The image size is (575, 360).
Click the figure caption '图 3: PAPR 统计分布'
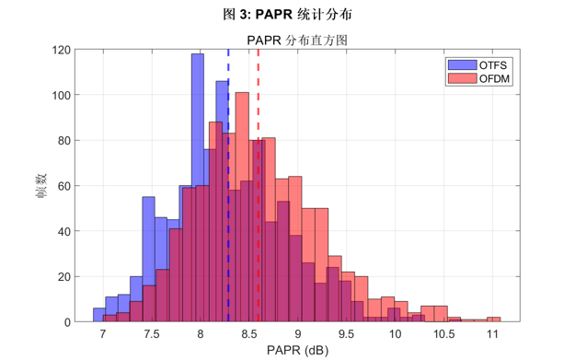(287, 16)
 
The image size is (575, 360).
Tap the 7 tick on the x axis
(102, 333)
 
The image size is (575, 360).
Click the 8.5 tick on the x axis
(248, 333)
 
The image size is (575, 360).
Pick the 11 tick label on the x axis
(492, 333)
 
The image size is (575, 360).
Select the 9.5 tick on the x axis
(346, 333)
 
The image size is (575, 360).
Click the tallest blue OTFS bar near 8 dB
(197, 184)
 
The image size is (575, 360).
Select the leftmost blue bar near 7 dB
(98, 315)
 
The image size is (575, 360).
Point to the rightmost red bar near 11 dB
(493, 319)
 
